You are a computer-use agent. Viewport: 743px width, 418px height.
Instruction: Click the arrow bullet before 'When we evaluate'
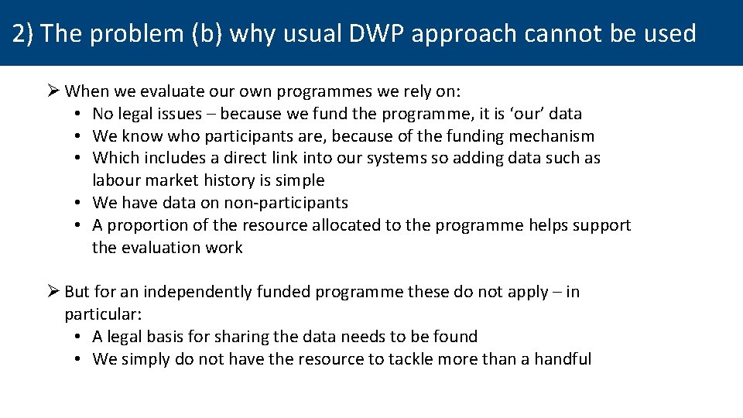(x=53, y=91)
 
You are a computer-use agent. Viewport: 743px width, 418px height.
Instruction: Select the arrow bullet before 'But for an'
(x=53, y=292)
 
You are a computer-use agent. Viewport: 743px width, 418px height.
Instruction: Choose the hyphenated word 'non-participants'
(x=286, y=203)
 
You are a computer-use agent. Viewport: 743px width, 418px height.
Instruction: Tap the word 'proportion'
(x=149, y=225)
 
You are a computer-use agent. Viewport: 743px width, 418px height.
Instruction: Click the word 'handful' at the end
(x=563, y=359)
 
